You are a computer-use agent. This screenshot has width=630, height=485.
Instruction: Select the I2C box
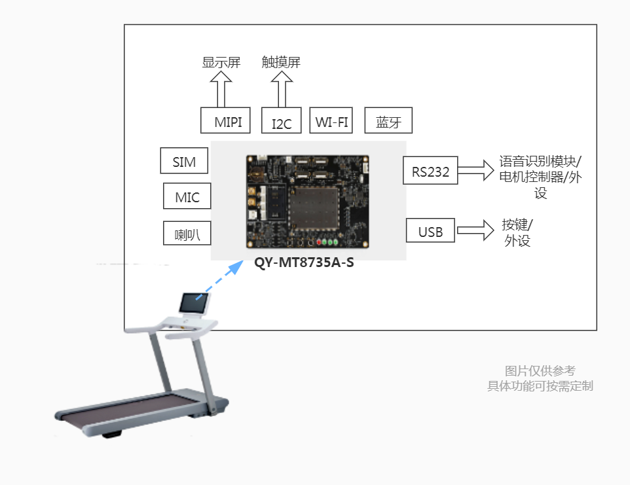pos(282,121)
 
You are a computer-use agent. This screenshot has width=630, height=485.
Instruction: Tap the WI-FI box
pos(331,120)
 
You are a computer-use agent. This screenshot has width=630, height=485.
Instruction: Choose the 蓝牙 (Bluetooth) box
pos(388,120)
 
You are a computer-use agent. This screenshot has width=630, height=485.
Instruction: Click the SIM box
pos(184,160)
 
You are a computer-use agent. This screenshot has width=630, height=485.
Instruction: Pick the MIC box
pos(187,196)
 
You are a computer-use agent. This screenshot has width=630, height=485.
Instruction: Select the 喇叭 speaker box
pos(187,234)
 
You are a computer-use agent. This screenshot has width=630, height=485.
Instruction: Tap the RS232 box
pos(430,171)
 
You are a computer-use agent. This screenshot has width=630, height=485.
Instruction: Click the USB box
pos(430,230)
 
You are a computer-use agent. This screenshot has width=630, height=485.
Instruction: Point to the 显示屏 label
pos(221,62)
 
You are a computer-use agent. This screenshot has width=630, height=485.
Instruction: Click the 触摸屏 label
pos(281,62)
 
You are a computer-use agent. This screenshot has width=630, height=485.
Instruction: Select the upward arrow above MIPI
pos(221,90)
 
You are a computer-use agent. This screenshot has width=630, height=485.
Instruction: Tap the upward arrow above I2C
pos(282,90)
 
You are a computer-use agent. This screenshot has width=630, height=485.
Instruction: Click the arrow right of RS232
pos(476,171)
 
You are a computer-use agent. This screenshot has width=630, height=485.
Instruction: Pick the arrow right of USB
pos(475,230)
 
